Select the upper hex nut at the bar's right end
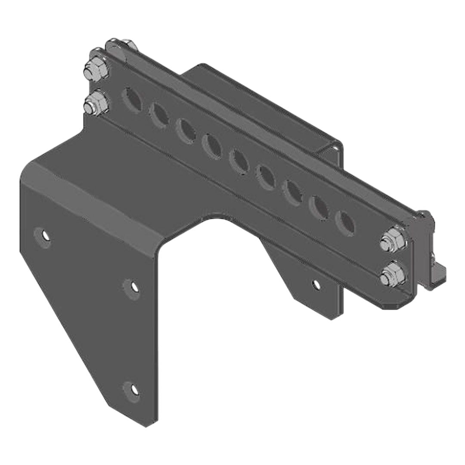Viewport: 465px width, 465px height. click(393, 240)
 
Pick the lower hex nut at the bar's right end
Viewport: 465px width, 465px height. click(392, 274)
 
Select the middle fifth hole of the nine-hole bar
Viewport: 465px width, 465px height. click(239, 160)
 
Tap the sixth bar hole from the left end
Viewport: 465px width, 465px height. click(265, 175)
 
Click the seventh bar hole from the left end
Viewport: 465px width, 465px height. click(292, 190)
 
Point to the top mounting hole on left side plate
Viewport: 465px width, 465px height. click(43, 236)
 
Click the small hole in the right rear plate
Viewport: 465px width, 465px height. click(316, 284)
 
